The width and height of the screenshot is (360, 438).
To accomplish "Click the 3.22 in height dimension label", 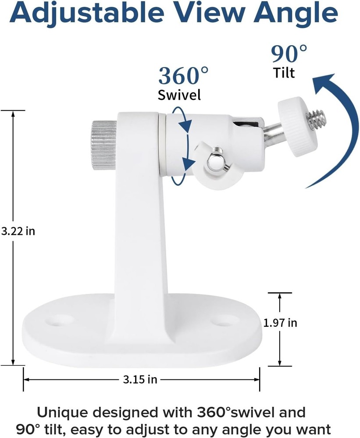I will click(18, 231).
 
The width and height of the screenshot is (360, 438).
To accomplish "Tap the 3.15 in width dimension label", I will click(139, 379).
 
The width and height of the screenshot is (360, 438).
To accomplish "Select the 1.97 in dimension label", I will click(280, 323).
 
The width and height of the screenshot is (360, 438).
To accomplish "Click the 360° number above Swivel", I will click(184, 76).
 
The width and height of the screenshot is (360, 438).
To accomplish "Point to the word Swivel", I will click(179, 95).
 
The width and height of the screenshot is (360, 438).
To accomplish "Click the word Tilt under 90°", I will click(284, 72).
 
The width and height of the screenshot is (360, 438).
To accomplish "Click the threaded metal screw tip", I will click(314, 118).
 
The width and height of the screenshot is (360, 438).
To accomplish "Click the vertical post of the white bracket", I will click(140, 228).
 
